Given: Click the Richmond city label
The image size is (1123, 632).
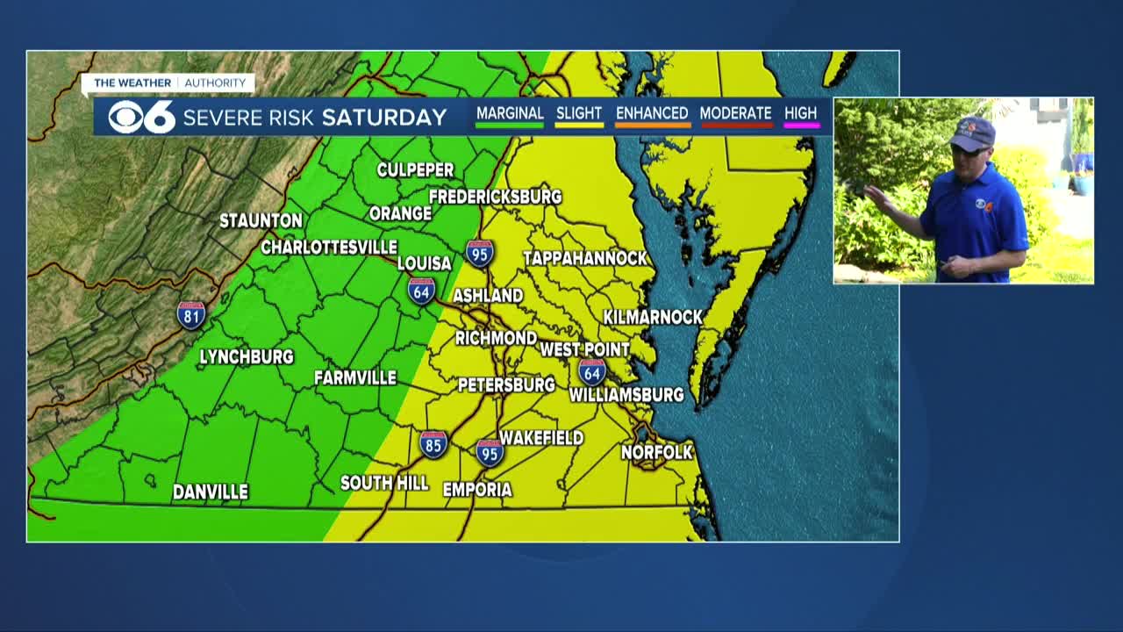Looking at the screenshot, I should (x=496, y=338).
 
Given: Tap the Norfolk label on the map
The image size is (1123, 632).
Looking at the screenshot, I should (x=657, y=452).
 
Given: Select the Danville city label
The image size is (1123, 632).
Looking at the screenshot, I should (x=210, y=492).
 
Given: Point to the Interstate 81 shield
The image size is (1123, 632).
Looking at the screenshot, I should (x=191, y=315).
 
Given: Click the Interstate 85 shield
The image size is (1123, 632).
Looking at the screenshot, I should (x=433, y=444).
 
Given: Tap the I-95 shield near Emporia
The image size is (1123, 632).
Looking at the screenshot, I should (x=490, y=452).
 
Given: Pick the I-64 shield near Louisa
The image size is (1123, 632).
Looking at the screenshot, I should (x=421, y=291).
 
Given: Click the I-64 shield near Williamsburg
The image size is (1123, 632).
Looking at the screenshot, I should (x=592, y=371).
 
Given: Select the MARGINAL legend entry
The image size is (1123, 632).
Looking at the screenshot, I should (x=510, y=114).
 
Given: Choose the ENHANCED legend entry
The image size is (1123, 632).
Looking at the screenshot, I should (x=652, y=114).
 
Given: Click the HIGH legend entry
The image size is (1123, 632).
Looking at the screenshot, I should (x=800, y=114).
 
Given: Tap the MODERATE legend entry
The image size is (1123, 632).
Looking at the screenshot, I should (x=735, y=114).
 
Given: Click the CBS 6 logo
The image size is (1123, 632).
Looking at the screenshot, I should (x=141, y=117).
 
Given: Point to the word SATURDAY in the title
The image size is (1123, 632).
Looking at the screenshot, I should (x=384, y=117).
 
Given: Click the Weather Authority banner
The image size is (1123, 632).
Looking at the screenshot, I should (x=169, y=83).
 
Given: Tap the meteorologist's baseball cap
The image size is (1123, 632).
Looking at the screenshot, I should (x=974, y=133).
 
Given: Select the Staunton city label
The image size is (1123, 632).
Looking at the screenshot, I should (x=261, y=220).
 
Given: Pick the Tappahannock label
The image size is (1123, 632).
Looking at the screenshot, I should (x=584, y=258).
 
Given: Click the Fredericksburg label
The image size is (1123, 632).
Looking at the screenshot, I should (x=495, y=197).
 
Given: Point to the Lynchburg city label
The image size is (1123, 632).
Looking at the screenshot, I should (x=247, y=357).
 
